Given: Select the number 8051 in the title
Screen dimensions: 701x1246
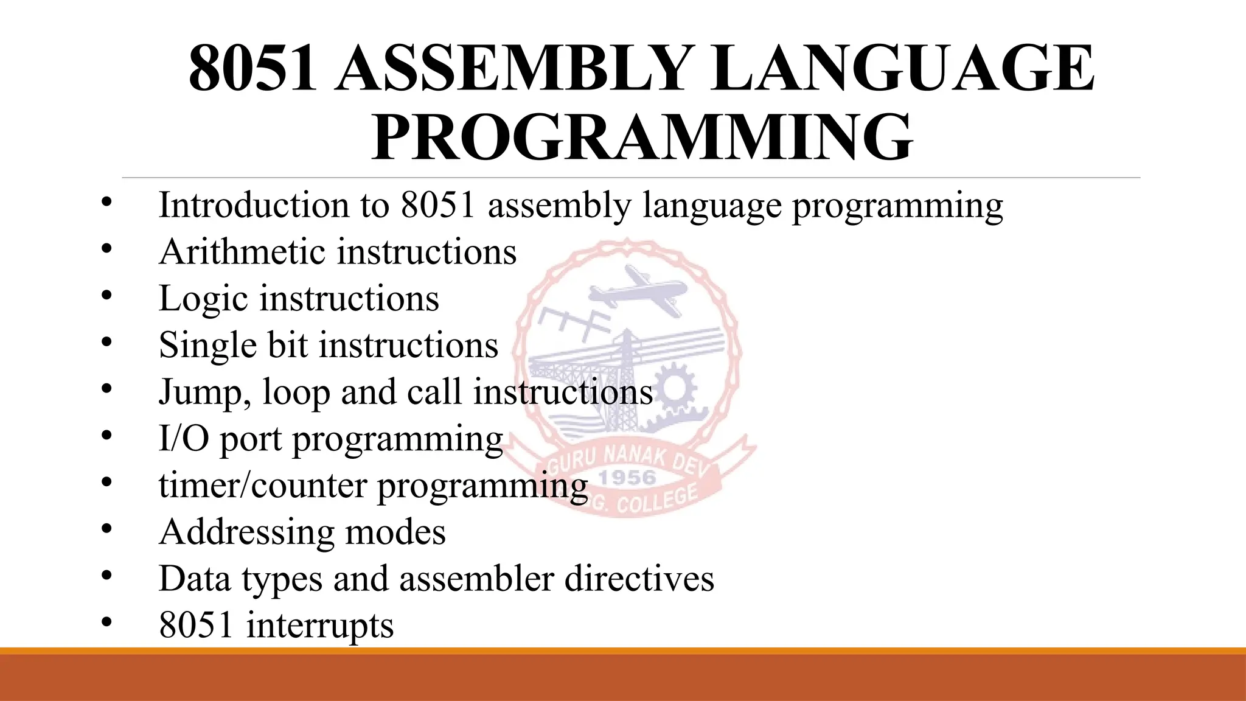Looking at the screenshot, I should click(252, 68).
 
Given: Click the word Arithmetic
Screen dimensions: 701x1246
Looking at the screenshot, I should click(242, 251).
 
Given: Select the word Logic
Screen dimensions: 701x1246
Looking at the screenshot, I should click(203, 299).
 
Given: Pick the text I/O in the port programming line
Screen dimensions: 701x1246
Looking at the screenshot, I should click(183, 438).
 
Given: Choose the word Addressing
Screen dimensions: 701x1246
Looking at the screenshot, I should click(246, 532).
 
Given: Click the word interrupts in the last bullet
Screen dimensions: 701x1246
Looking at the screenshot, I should click(319, 625).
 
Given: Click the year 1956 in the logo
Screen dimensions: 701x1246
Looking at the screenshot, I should click(627, 478).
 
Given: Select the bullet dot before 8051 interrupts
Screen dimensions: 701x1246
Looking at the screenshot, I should click(107, 621).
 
